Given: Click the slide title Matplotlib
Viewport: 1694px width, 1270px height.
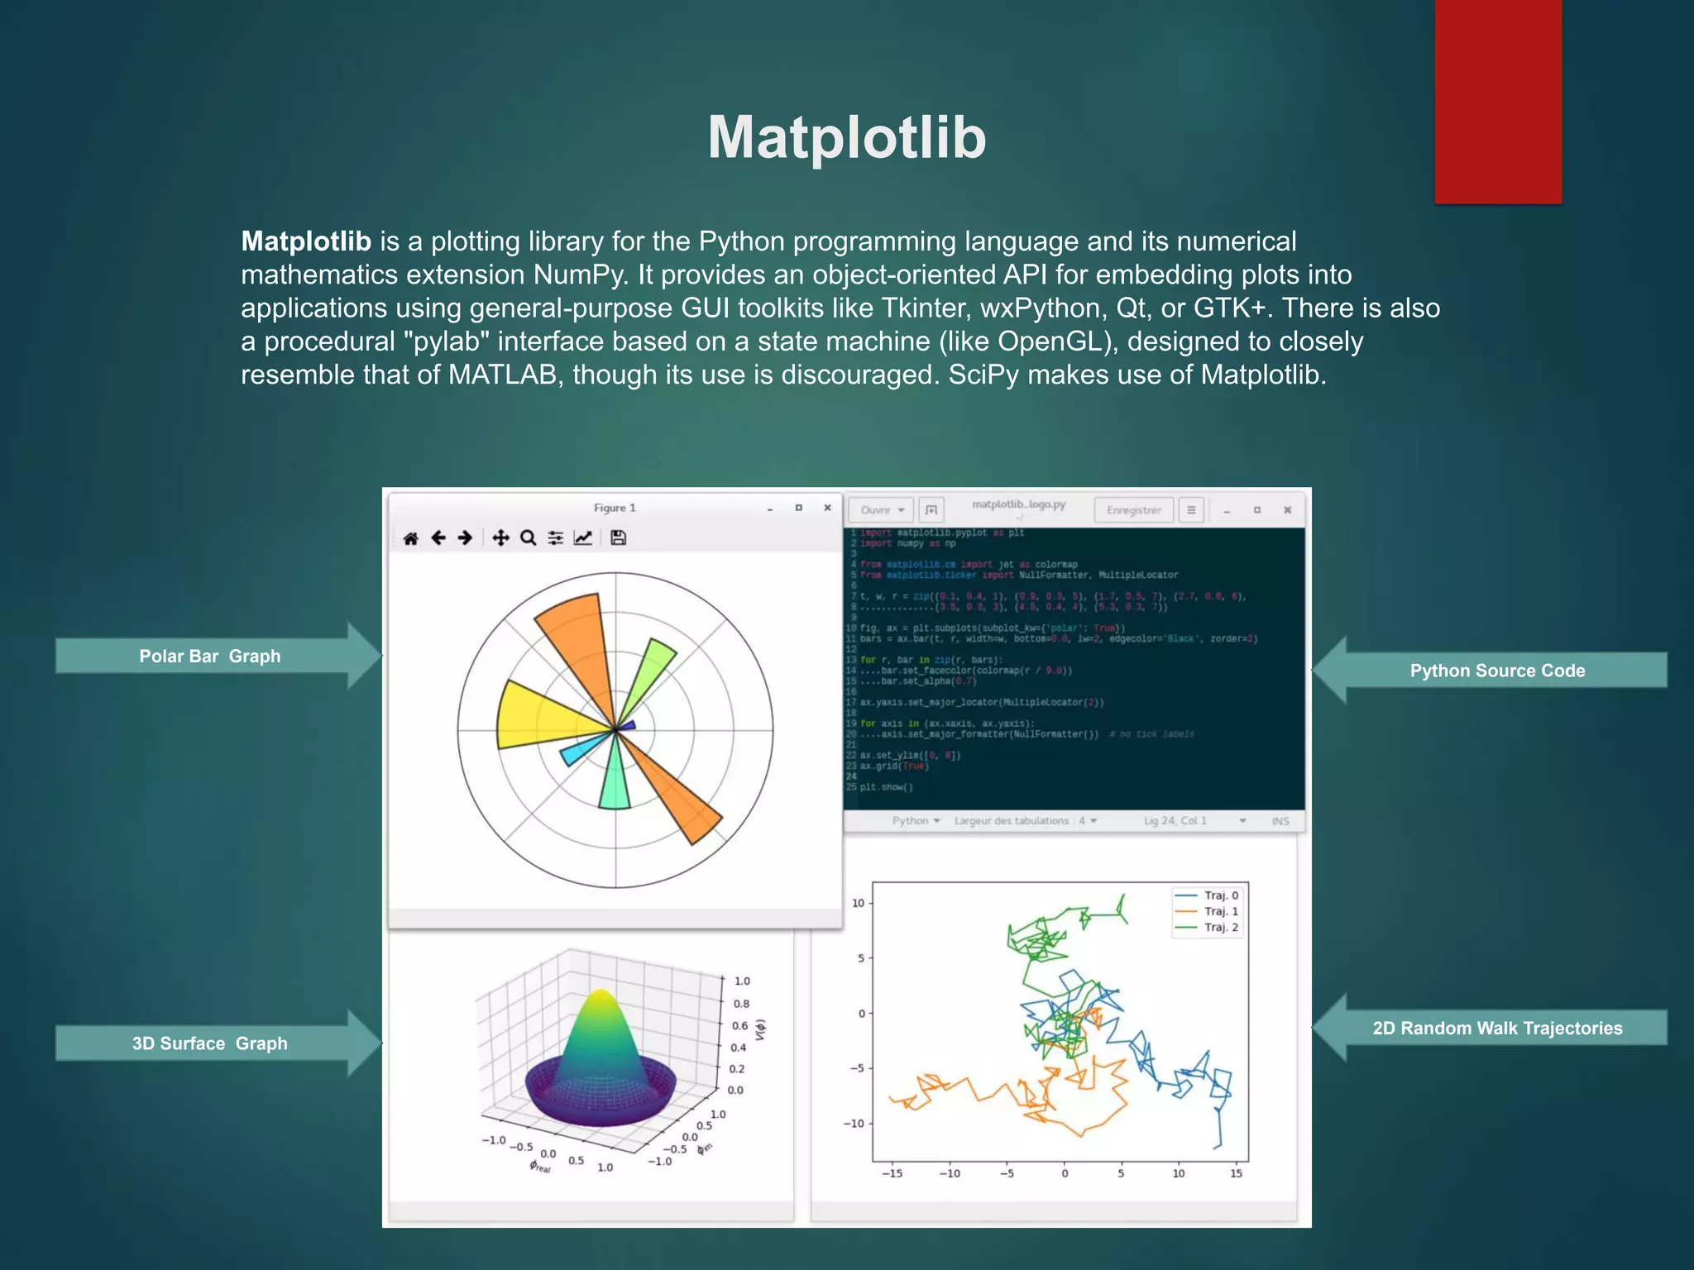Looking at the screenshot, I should coord(846,137).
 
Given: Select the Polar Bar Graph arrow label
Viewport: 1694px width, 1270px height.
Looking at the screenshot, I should coord(210,656).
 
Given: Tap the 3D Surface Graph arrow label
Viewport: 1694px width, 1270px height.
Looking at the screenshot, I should coord(210,1043).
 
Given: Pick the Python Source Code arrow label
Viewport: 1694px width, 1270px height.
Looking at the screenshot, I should coord(1497,671).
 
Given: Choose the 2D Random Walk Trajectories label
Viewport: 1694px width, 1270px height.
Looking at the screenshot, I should coord(1497,1028).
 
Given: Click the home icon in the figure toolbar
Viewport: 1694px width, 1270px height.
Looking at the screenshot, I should coord(411,538).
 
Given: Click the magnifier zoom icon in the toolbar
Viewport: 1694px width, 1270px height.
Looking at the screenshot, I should coord(528,538).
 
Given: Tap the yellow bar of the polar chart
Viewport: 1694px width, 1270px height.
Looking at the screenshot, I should coord(538,715).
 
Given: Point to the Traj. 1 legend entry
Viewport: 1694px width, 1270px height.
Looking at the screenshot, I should coord(1208,911).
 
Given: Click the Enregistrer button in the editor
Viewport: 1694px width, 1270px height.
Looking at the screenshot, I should coord(1133,510).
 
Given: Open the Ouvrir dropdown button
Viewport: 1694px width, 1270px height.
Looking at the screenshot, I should coord(882,510).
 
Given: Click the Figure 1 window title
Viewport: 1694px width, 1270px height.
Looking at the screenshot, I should coord(615,508).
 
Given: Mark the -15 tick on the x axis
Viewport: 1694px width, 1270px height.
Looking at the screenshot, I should coord(892,1173).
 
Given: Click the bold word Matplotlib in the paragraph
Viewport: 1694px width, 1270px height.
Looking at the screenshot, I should coord(306,241).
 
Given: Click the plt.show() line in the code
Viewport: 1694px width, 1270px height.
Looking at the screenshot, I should coord(887,787).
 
